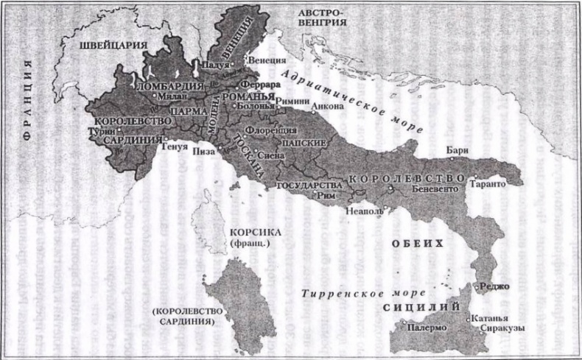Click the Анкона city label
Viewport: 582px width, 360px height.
pyautogui.click(x=329, y=106)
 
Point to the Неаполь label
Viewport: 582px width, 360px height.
pyautogui.click(x=363, y=211)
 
